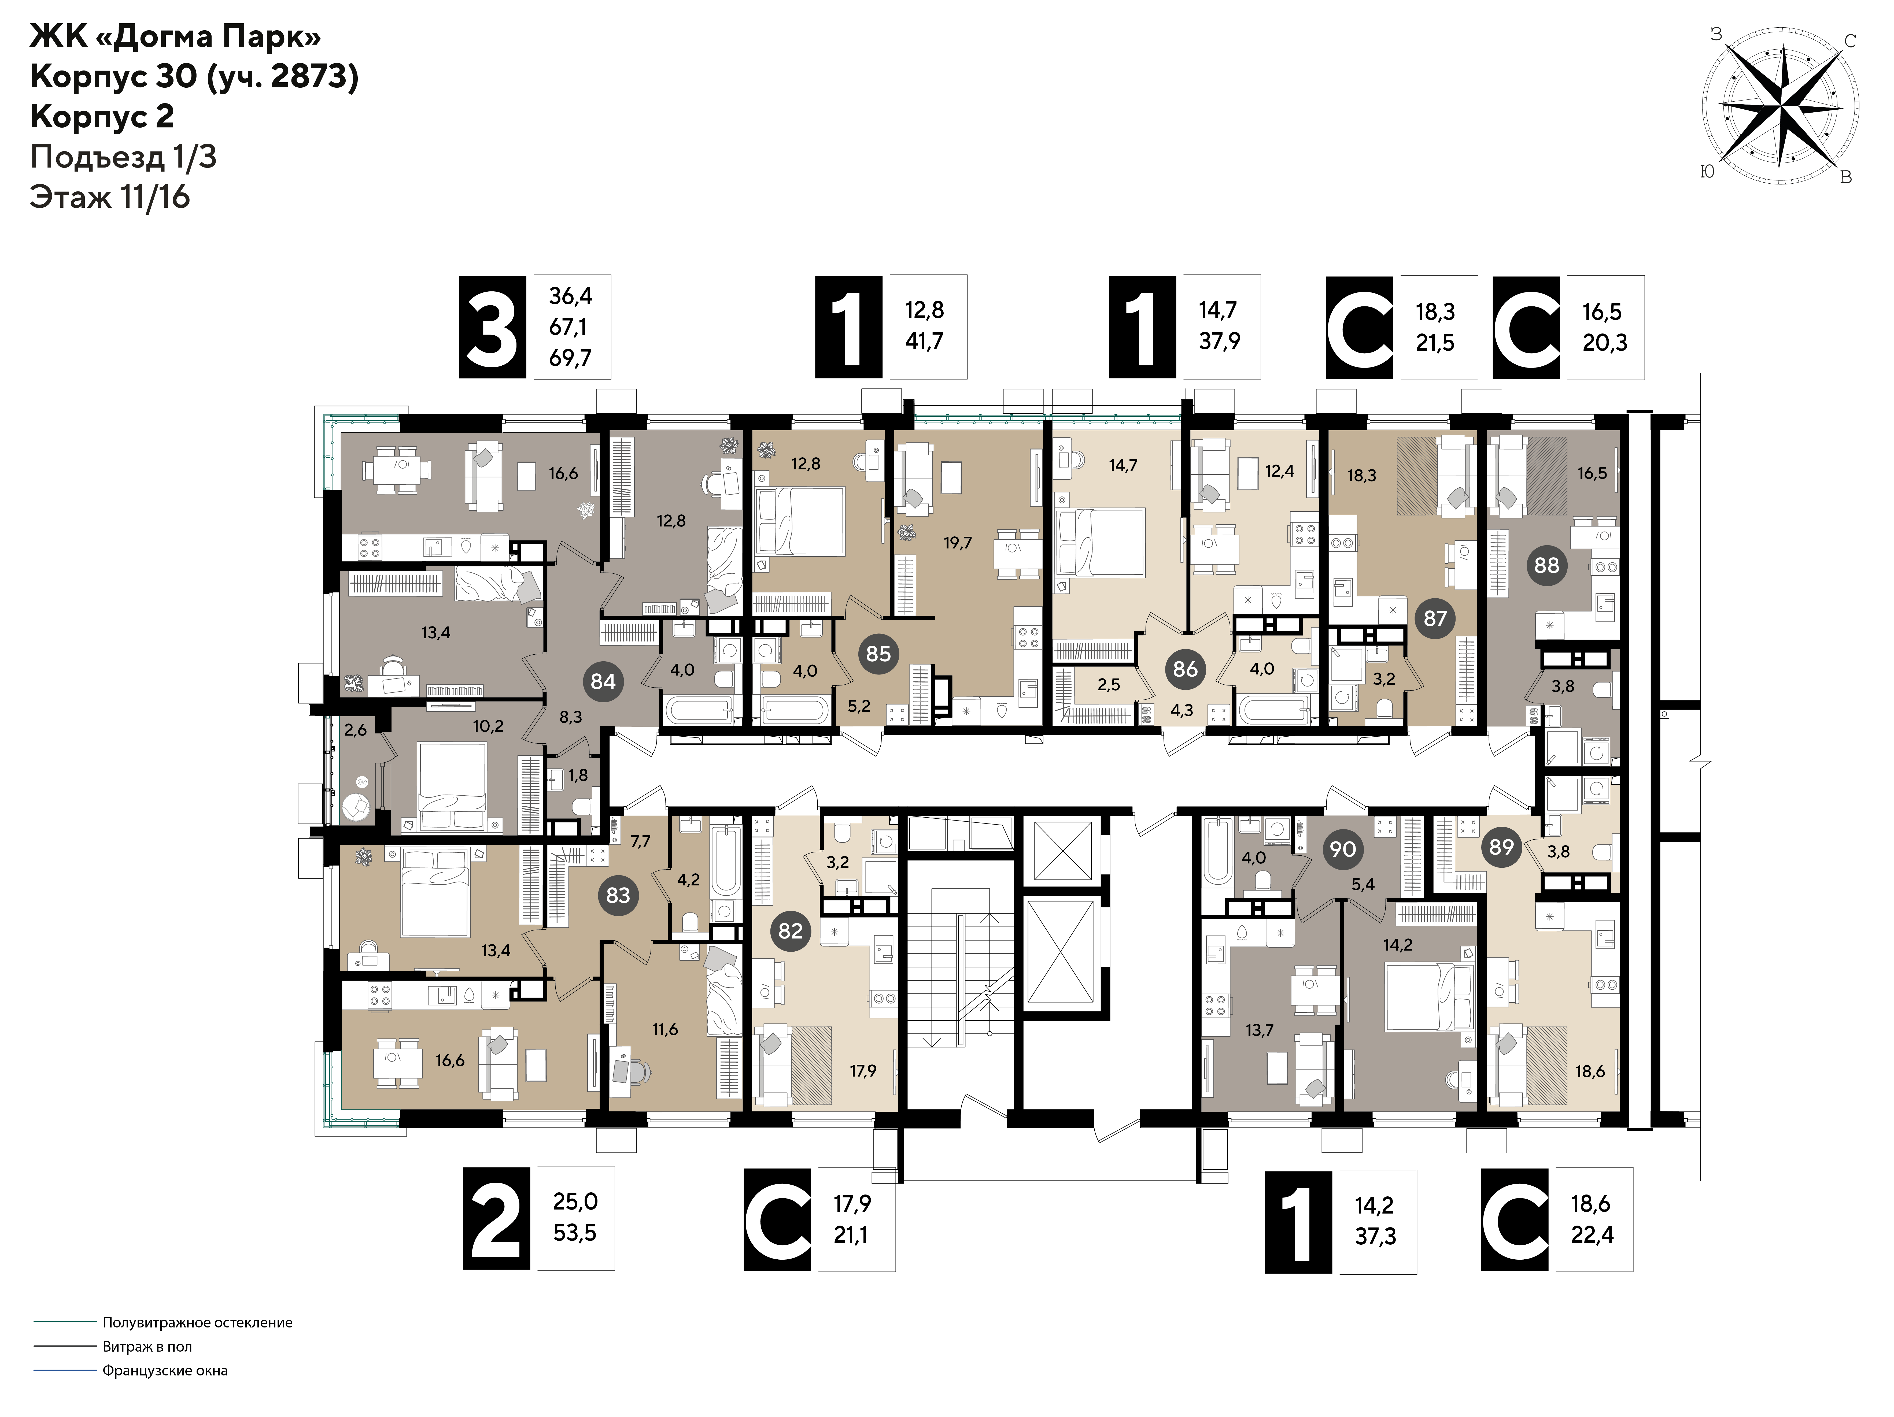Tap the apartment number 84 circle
tap(603, 681)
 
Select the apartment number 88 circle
tap(1546, 565)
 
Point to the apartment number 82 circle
tap(790, 931)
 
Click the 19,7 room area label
tap(957, 543)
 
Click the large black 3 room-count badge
tap(492, 327)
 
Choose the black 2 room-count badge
tap(497, 1218)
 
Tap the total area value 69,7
tap(570, 358)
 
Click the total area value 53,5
tap(575, 1233)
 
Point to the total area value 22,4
tap(1592, 1235)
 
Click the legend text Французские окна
tap(165, 1371)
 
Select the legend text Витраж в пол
tap(147, 1347)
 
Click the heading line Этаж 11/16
tap(110, 197)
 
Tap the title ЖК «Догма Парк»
tap(176, 37)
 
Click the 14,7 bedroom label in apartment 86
tap(1123, 466)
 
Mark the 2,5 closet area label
tap(1109, 685)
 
